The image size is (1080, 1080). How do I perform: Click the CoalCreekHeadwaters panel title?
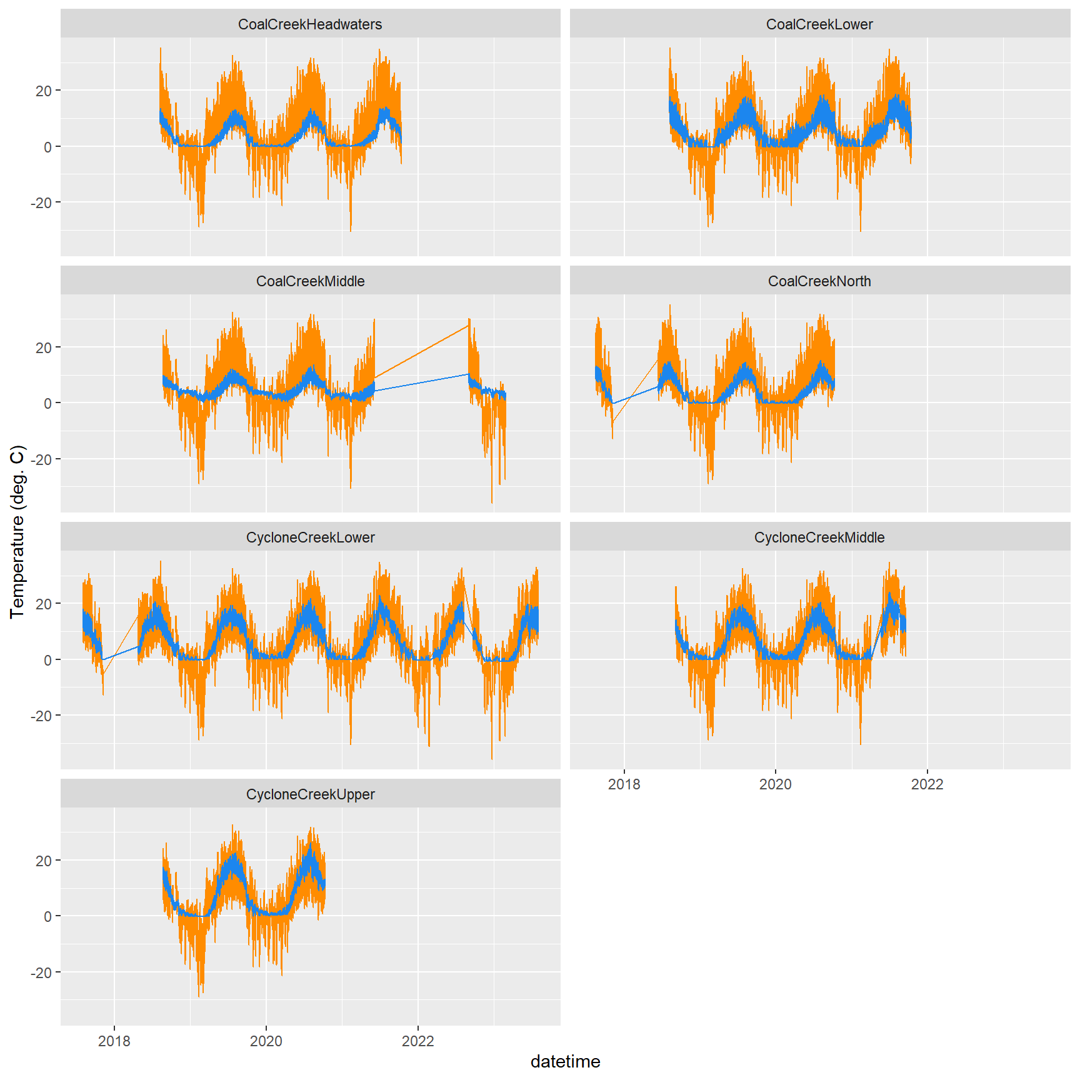(x=310, y=24)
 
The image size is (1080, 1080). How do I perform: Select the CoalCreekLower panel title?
(x=819, y=24)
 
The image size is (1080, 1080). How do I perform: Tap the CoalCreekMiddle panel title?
(x=310, y=281)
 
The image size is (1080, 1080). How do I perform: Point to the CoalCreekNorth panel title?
(x=819, y=281)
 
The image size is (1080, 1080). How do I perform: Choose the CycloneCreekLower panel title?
(x=310, y=537)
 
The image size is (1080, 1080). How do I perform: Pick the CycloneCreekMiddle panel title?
(x=819, y=537)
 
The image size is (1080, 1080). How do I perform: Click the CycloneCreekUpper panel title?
(x=310, y=794)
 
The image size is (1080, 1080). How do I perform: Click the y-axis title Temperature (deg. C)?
(x=17, y=531)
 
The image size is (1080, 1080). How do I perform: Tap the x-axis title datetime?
(x=565, y=1061)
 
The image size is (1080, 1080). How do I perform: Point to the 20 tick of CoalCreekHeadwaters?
(x=44, y=91)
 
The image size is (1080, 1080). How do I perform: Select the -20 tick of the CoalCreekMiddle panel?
(x=41, y=459)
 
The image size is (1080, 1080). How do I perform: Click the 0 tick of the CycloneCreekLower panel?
(x=47, y=660)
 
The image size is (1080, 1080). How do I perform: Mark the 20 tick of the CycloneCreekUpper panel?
(x=44, y=861)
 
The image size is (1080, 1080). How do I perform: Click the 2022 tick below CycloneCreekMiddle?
(x=927, y=784)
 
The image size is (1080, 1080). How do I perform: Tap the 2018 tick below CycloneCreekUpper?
(x=114, y=1041)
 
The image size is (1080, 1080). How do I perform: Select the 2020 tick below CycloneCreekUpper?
(x=266, y=1041)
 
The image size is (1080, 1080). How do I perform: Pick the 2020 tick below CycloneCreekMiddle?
(x=775, y=784)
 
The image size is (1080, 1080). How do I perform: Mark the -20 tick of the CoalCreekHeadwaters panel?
(x=41, y=203)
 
